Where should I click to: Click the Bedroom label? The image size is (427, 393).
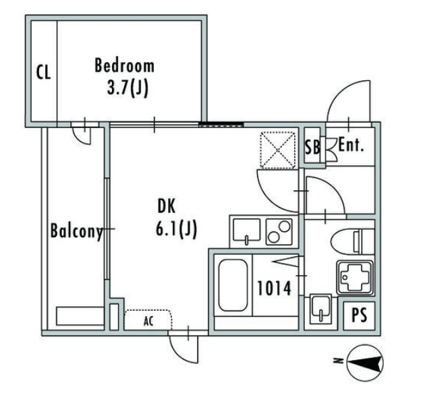click(124, 65)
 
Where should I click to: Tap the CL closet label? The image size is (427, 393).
click(44, 72)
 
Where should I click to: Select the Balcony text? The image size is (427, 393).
click(77, 231)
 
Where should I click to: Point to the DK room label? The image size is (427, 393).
click(167, 206)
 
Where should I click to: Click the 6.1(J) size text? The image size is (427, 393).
click(176, 229)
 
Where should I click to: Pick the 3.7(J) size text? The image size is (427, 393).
click(127, 88)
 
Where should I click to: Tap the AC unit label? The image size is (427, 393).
click(148, 322)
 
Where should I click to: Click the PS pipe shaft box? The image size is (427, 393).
click(359, 315)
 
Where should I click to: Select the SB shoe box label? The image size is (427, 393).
click(312, 147)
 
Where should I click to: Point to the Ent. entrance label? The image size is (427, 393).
click(351, 146)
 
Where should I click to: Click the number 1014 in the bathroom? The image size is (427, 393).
click(274, 289)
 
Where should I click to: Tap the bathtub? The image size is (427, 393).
click(233, 285)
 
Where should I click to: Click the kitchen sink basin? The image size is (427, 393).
click(246, 231)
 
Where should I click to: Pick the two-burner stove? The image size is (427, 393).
click(279, 232)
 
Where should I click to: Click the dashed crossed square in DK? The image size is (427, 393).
click(278, 150)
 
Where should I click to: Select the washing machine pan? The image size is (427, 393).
click(355, 278)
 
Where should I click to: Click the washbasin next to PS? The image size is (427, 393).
click(321, 309)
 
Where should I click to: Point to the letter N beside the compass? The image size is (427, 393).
click(338, 361)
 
